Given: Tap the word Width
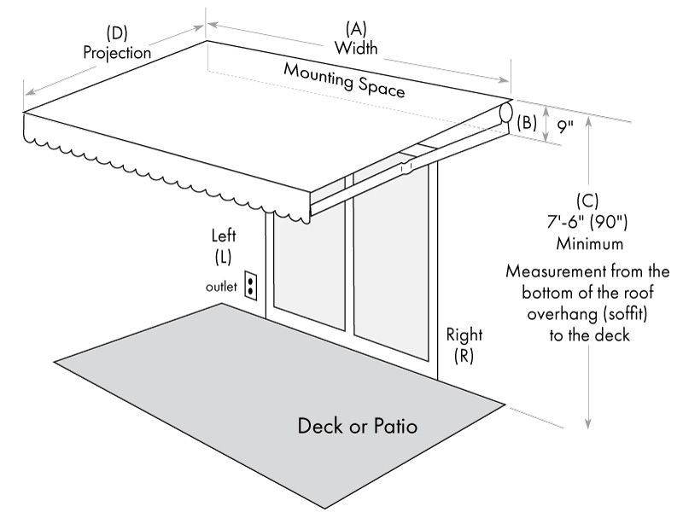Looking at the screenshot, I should click(356, 48).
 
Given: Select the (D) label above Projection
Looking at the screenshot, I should click(117, 33).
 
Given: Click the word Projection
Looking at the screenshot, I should click(117, 52).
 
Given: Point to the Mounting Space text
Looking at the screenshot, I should click(343, 80).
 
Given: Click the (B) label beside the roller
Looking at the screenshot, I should click(527, 122).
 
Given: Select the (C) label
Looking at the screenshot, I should click(587, 202).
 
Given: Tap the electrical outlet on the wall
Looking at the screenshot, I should click(251, 286).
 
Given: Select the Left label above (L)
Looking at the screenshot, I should click(224, 236).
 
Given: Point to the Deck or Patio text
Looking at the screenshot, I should click(358, 425).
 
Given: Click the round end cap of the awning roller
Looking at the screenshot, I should click(505, 113).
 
